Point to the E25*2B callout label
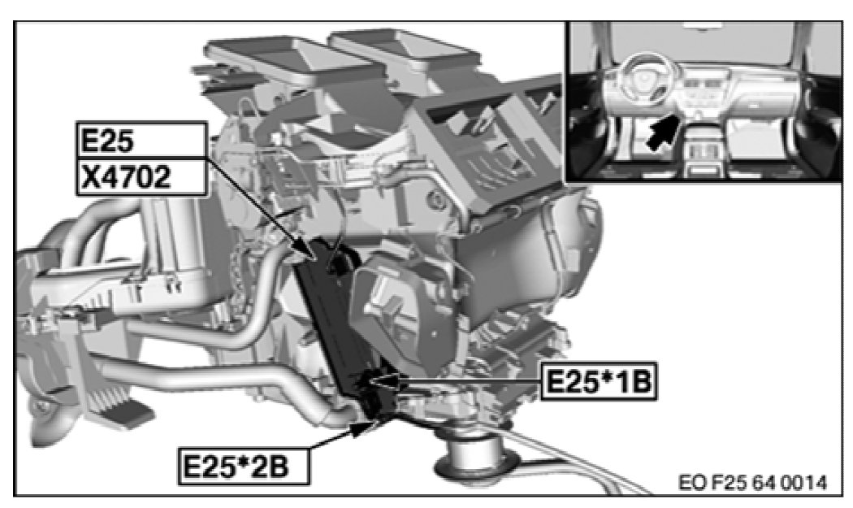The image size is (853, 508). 244,466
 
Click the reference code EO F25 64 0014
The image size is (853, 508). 752,483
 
